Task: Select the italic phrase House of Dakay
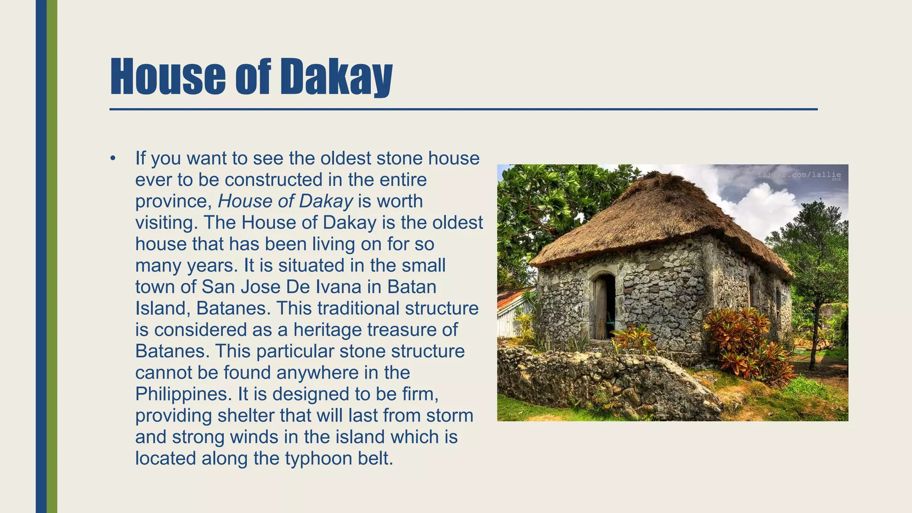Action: [x=285, y=201]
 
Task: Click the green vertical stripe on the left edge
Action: [x=52, y=256]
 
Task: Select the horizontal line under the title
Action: [x=463, y=109]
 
